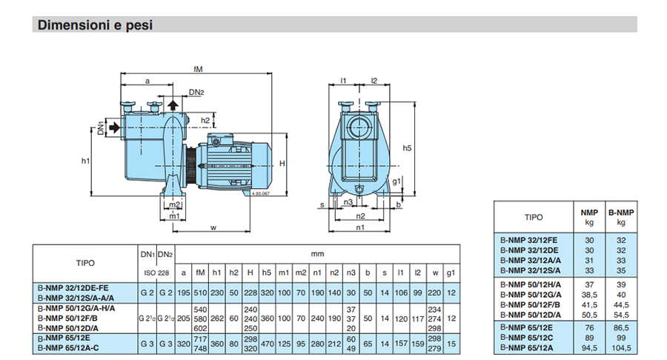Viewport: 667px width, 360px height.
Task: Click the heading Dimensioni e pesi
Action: pyautogui.click(x=95, y=25)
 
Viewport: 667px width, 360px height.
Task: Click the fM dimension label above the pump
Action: pyautogui.click(x=198, y=69)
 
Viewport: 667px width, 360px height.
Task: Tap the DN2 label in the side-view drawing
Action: pyautogui.click(x=196, y=93)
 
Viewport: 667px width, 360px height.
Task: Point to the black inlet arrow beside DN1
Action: pyautogui.click(x=114, y=127)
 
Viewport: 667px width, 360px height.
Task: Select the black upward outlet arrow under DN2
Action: pyautogui.click(x=173, y=105)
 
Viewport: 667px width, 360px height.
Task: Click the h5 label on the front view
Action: pyautogui.click(x=407, y=148)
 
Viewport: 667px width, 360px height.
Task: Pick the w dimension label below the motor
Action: pyautogui.click(x=213, y=228)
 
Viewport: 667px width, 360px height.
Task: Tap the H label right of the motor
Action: pyautogui.click(x=282, y=163)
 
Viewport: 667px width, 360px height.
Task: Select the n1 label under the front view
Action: pyautogui.click(x=360, y=227)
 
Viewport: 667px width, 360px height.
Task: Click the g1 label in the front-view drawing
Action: pyautogui.click(x=396, y=181)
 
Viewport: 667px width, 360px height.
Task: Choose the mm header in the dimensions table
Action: pyautogui.click(x=317, y=254)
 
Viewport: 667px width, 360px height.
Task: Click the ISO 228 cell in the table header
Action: pyautogui.click(x=156, y=273)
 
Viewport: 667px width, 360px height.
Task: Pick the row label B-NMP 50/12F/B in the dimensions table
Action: pyautogui.click(x=67, y=318)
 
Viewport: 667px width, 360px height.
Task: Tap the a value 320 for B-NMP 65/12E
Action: pyautogui.click(x=183, y=344)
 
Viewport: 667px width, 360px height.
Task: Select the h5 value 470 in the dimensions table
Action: pyautogui.click(x=267, y=344)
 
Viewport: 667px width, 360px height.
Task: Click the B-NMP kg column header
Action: pyautogui.click(x=621, y=217)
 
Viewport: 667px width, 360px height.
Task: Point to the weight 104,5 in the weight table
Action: pyautogui.click(x=621, y=348)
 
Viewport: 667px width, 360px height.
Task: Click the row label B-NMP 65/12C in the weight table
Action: pyautogui.click(x=527, y=338)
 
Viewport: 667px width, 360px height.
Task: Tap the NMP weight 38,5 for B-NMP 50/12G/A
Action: pyautogui.click(x=589, y=295)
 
